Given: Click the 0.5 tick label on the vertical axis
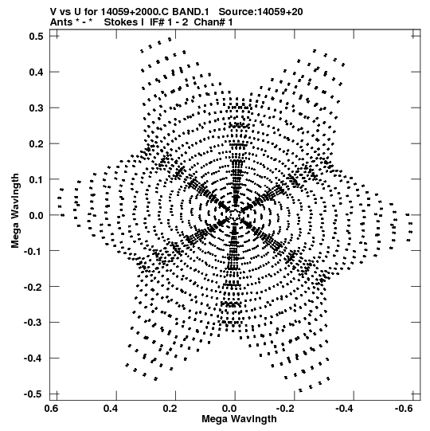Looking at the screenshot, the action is click(x=37, y=37).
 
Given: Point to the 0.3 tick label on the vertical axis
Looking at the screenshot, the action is click(x=37, y=108).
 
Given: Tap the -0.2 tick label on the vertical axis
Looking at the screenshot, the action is click(x=33, y=287).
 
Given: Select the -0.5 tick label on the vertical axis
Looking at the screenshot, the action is click(x=33, y=394).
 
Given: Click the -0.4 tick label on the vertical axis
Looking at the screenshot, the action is click(x=33, y=359).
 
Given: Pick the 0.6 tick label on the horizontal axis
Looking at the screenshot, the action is click(x=52, y=409).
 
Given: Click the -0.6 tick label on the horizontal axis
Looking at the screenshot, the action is click(x=404, y=409).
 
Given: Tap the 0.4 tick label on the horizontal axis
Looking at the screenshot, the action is click(x=111, y=409).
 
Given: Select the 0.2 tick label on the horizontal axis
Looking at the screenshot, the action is click(x=170, y=409).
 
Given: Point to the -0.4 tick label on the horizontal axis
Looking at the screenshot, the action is click(x=344, y=409).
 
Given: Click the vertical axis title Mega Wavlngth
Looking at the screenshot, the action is click(x=15, y=211).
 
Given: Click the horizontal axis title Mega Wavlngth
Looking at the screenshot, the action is click(x=239, y=419).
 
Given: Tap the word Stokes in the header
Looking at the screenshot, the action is click(x=121, y=22).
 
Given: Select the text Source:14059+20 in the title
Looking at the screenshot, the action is click(x=260, y=12).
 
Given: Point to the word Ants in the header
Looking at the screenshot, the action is click(x=61, y=22).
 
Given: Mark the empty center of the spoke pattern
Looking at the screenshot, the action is click(x=235, y=214).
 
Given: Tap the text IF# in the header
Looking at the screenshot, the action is click(x=157, y=22).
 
